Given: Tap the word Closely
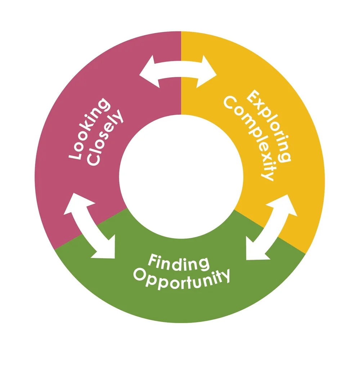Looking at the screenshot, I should tap(105, 139).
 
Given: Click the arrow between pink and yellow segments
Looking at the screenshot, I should tap(178, 71).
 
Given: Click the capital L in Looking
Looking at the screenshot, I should tap(74, 155).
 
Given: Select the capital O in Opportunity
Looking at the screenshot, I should tap(139, 274).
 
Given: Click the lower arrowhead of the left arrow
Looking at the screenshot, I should tap(104, 249).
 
